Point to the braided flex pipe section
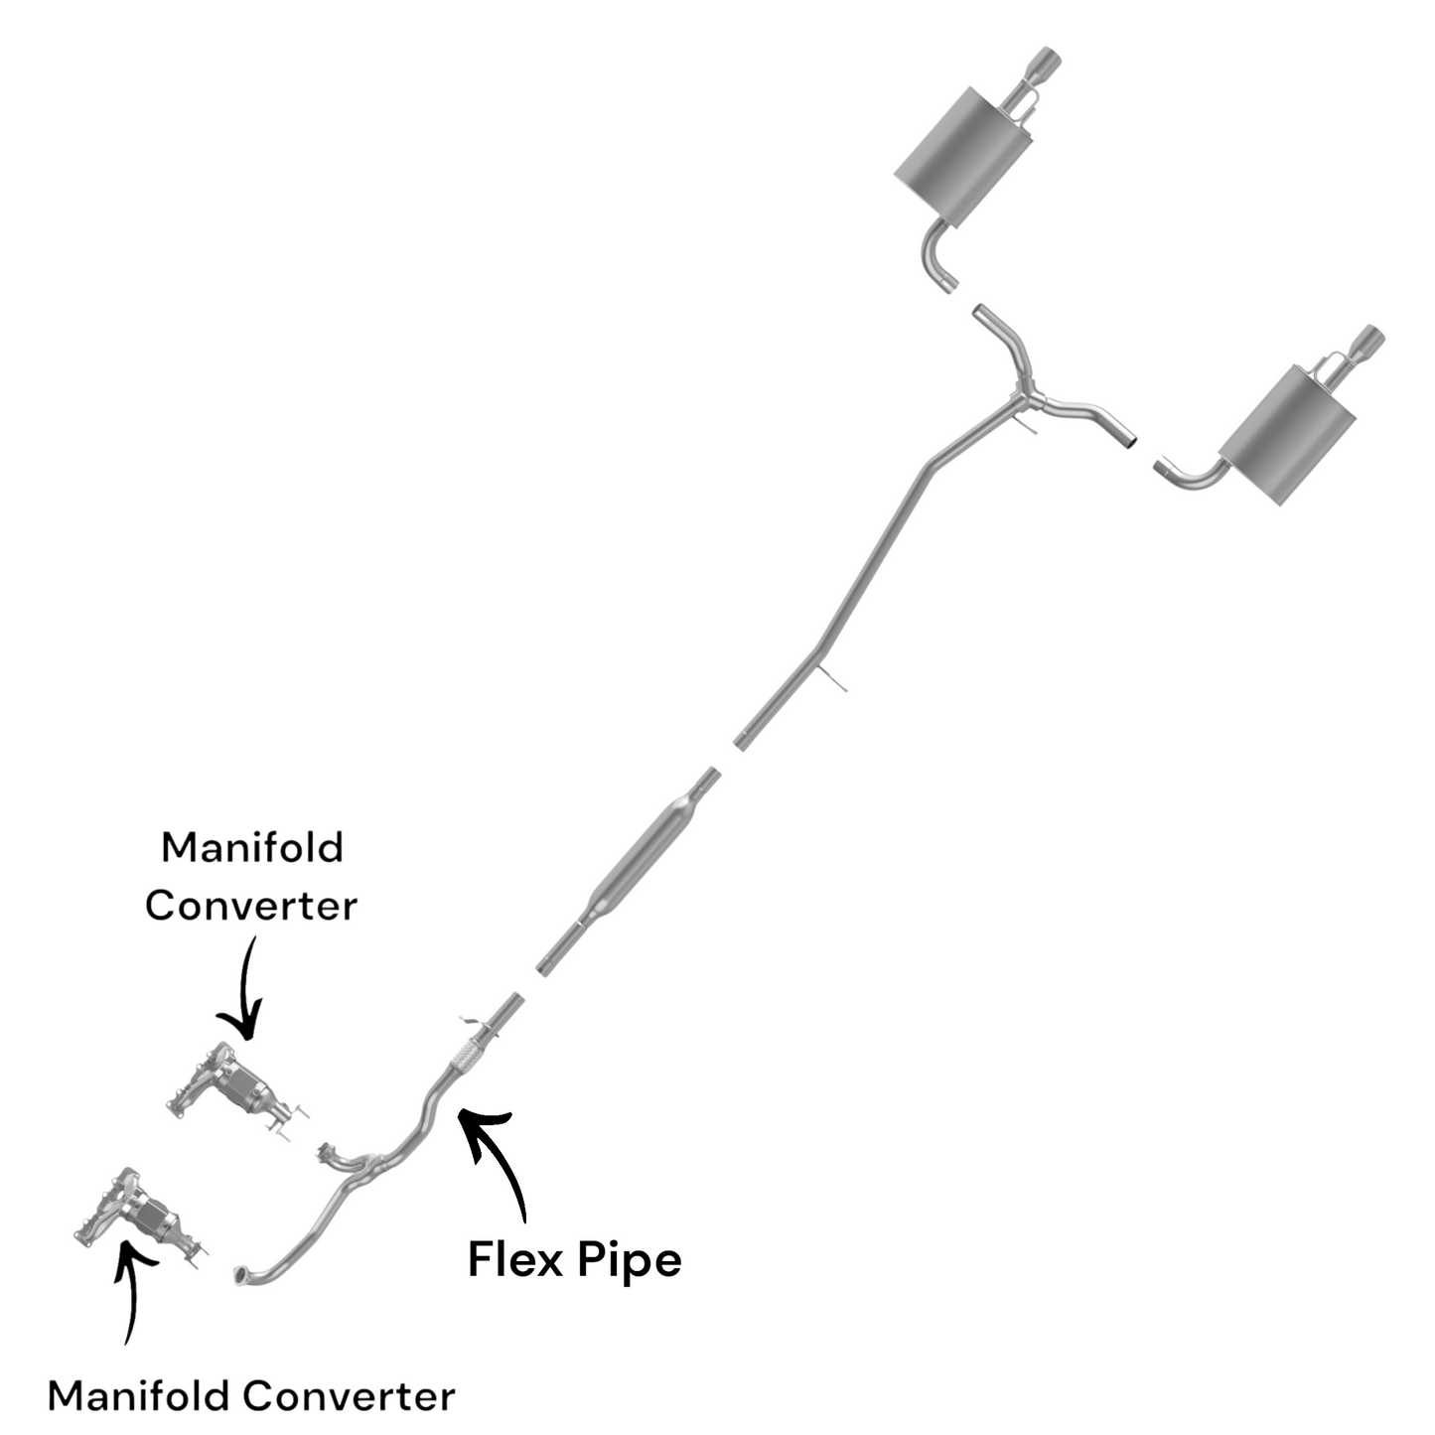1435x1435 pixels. tap(466, 1057)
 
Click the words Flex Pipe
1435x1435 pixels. tap(574, 1259)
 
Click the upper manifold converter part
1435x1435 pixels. tap(235, 1086)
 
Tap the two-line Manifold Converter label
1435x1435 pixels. tap(251, 877)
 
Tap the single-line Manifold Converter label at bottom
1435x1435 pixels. tap(251, 1395)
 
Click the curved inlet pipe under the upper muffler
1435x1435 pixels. tap(934, 255)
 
